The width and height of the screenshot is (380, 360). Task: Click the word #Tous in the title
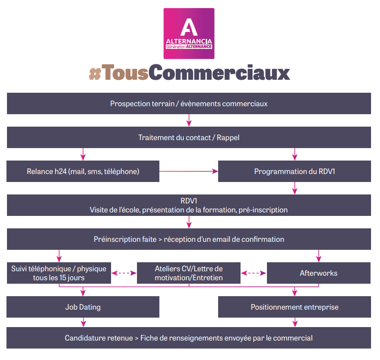coord(118,73)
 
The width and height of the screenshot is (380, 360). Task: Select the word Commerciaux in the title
coord(220,73)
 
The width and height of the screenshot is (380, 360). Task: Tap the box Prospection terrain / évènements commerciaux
coord(189,104)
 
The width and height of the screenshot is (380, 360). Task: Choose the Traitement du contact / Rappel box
coord(189,137)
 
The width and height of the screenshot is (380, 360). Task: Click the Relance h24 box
coord(83,171)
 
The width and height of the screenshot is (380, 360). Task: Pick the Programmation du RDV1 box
coord(294,171)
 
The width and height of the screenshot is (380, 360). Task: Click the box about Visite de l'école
coord(189,205)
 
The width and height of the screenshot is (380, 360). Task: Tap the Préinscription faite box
coord(189,239)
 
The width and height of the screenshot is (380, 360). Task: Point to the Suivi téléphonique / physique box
coord(59,273)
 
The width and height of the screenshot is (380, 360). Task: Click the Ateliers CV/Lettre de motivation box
coord(189,273)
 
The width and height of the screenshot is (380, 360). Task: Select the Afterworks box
coord(319,273)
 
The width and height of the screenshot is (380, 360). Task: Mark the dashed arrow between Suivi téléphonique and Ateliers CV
coord(124,273)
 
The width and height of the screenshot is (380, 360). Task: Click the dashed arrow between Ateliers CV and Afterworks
coord(254,273)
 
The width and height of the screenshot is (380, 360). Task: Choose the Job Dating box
coord(83,307)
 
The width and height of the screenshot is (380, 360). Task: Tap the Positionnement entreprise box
coord(294,307)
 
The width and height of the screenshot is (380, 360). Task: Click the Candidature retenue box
coord(189,338)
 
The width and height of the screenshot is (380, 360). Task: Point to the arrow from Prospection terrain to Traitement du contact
coord(189,120)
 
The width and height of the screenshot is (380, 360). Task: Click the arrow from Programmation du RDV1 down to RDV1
coord(295,188)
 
